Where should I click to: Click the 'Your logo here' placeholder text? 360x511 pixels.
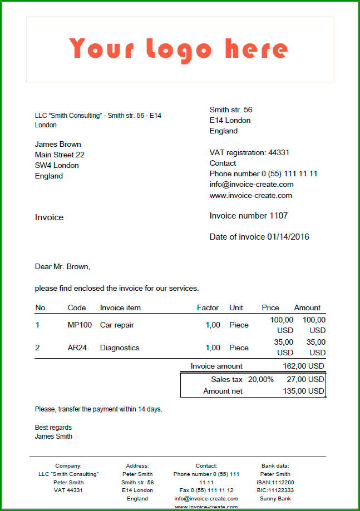pyautogui.click(x=179, y=49)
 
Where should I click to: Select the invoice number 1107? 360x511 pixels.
pyautogui.click(x=279, y=216)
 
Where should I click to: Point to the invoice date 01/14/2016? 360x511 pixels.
pyautogui.click(x=288, y=237)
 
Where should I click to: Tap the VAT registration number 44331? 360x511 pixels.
pyautogui.click(x=279, y=152)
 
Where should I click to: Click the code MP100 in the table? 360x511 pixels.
pyautogui.click(x=80, y=325)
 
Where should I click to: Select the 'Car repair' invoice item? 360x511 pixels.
pyautogui.click(x=117, y=325)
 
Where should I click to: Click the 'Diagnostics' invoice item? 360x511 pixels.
pyautogui.click(x=120, y=348)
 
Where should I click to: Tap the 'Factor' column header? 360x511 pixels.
pyautogui.click(x=208, y=307)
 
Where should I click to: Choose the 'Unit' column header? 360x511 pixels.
pyautogui.click(x=236, y=307)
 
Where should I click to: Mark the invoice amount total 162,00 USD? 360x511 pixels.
pyautogui.click(x=303, y=366)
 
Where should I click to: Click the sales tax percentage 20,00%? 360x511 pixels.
pyautogui.click(x=261, y=379)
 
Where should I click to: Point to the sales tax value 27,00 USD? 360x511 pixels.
pyautogui.click(x=304, y=379)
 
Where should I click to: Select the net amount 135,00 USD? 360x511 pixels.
pyautogui.click(x=303, y=391)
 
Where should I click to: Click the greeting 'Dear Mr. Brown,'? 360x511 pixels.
pyautogui.click(x=62, y=267)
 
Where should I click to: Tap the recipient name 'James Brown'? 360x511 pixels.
pyautogui.click(x=58, y=144)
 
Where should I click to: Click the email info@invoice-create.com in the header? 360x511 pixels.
pyautogui.click(x=251, y=184)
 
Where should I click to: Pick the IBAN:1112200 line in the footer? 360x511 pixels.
pyautogui.click(x=275, y=482)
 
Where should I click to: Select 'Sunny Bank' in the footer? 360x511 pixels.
pyautogui.click(x=275, y=498)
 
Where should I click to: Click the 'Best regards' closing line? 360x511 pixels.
pyautogui.click(x=53, y=428)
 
